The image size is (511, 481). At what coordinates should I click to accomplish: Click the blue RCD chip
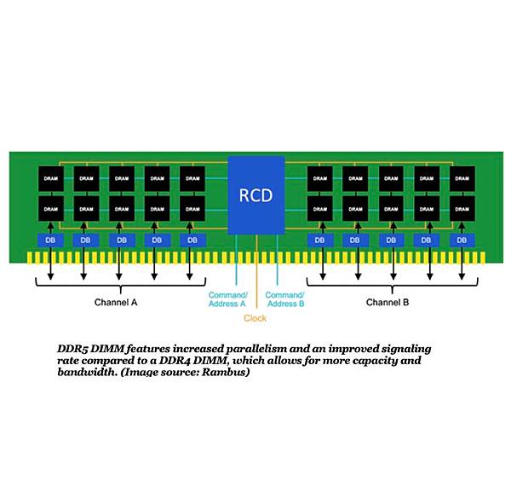[255, 195]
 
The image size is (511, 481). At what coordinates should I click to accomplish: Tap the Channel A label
[116, 302]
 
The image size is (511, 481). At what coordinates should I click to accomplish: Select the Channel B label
[388, 302]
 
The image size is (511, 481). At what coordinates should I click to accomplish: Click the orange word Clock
[255, 318]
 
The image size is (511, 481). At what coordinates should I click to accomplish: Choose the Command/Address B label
[284, 298]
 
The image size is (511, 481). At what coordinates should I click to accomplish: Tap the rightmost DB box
[462, 240]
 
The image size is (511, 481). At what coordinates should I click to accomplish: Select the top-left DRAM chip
[49, 178]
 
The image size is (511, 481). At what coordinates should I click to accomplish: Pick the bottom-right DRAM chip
[462, 208]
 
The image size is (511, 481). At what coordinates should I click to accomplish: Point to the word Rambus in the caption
[225, 373]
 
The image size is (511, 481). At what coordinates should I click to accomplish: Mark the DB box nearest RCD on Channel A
[192, 240]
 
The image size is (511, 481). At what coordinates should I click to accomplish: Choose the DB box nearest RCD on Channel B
[320, 240]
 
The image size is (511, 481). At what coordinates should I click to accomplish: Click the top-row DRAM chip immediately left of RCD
[192, 178]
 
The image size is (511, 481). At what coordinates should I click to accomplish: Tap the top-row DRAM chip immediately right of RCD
[320, 178]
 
